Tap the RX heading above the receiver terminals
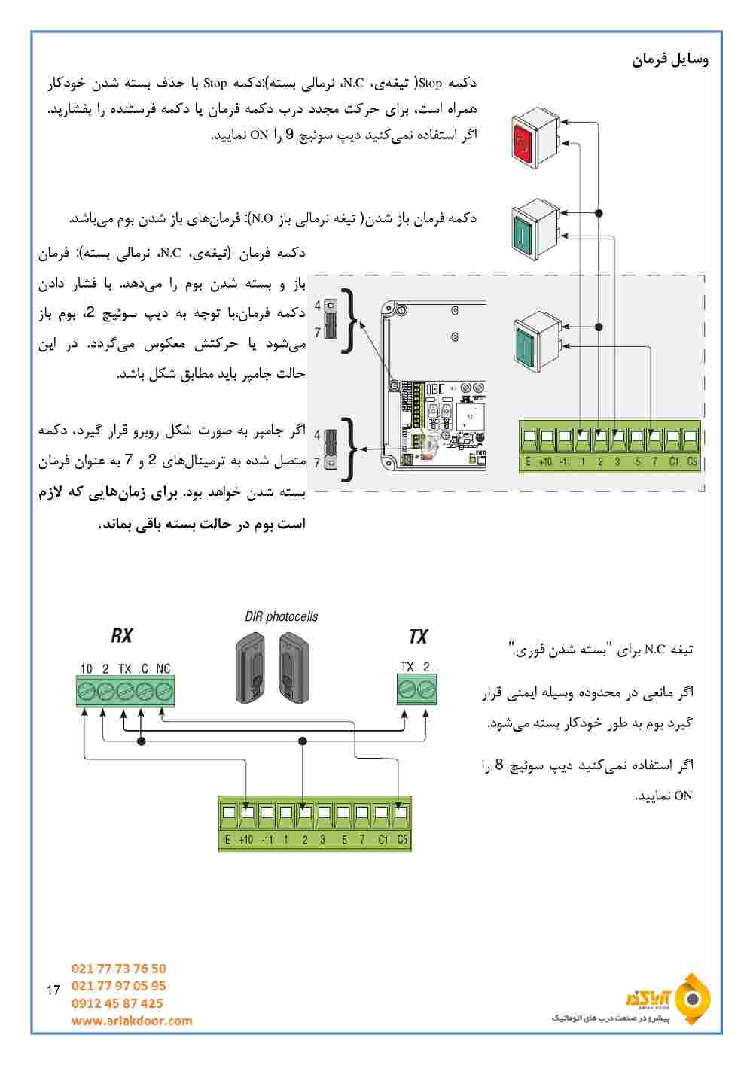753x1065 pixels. (121, 636)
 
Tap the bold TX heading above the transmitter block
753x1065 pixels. (417, 637)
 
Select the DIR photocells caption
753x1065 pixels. (282, 616)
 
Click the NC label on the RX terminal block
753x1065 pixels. (163, 668)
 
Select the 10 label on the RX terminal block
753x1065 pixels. (87, 668)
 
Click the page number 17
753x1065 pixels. (53, 990)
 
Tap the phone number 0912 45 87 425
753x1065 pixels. (117, 1003)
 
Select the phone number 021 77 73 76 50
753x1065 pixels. (119, 969)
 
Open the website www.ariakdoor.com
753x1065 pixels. (132, 1021)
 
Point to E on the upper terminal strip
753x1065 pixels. (528, 461)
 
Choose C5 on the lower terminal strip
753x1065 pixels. (403, 839)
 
